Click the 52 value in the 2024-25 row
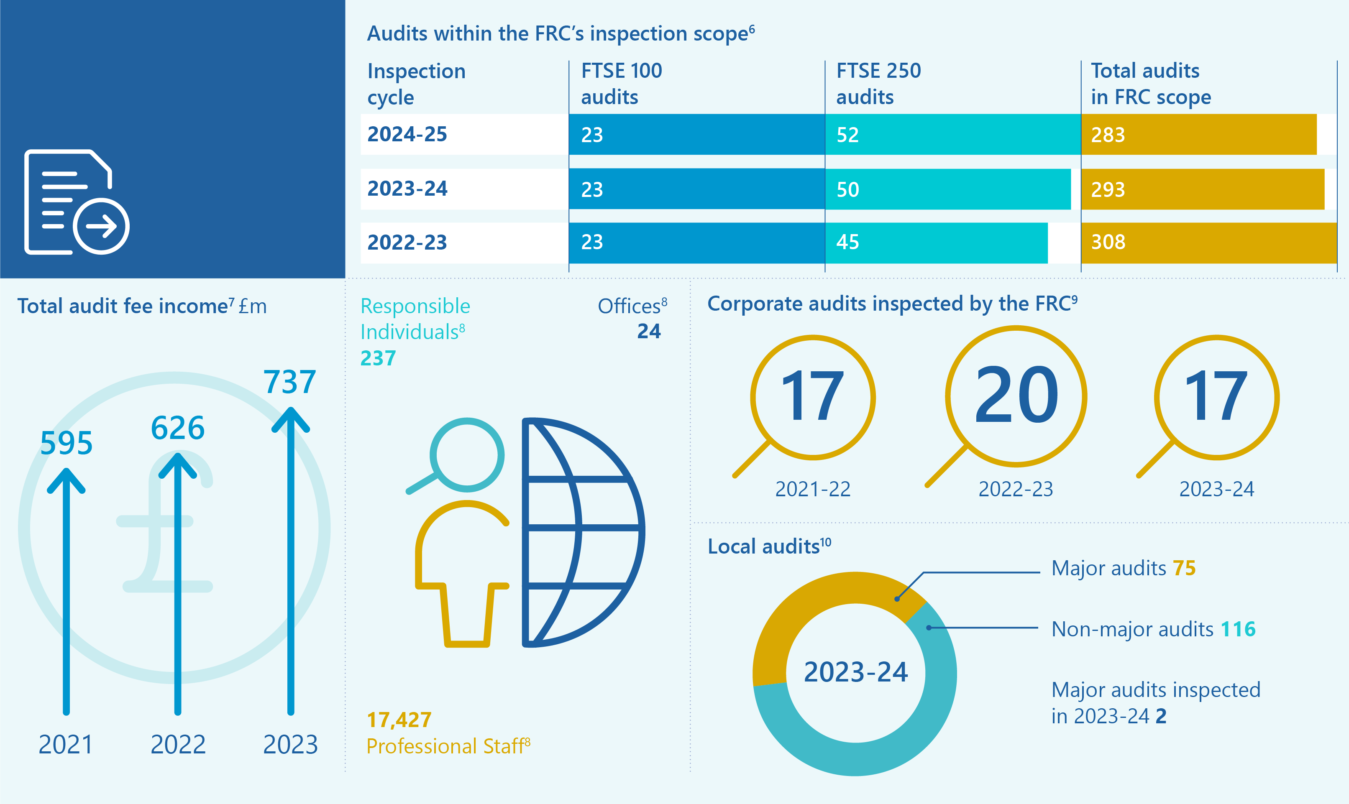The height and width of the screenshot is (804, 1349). [847, 135]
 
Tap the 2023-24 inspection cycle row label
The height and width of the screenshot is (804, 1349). [407, 189]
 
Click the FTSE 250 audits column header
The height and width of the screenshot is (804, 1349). [878, 84]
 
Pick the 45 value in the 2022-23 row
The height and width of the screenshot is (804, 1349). [847, 242]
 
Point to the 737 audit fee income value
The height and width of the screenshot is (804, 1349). [289, 382]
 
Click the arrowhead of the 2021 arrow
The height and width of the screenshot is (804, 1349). [66, 480]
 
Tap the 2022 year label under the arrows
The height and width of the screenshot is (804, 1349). [178, 744]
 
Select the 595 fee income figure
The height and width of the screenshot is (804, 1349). [66, 443]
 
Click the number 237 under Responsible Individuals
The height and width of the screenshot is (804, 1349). [378, 358]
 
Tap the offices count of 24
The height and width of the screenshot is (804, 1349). [648, 331]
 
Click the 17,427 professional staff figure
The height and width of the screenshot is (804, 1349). [399, 720]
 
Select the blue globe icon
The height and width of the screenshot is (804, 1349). [583, 532]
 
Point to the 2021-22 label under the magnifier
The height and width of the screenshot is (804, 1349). [812, 489]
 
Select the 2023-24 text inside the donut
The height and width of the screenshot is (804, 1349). [855, 672]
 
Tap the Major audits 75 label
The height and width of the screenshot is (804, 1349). [1123, 568]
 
